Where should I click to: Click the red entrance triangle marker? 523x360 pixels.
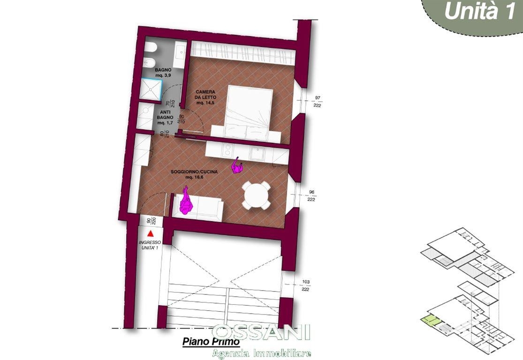(x=151, y=233)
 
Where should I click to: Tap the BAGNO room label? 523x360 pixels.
(x=163, y=73)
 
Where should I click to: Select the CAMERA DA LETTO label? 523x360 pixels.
(x=205, y=97)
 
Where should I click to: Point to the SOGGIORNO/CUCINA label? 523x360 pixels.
(x=194, y=174)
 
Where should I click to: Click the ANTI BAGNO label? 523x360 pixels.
(x=165, y=117)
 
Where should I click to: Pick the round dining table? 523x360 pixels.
(x=256, y=195)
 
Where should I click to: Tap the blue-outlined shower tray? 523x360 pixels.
(x=151, y=89)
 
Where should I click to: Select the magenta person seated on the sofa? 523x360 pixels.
(x=186, y=201)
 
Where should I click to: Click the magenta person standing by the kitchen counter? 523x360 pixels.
(x=237, y=165)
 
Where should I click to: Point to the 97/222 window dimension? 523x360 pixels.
(x=317, y=102)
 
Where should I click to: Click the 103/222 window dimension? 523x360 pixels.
(x=305, y=285)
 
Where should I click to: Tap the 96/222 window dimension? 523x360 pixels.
(x=311, y=195)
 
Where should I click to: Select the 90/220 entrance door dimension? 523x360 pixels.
(x=151, y=221)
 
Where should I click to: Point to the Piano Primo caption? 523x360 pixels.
(x=211, y=342)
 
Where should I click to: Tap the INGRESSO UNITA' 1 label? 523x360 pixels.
(x=150, y=245)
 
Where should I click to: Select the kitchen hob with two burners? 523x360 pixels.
(x=227, y=150)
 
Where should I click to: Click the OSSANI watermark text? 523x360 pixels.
(x=261, y=332)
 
